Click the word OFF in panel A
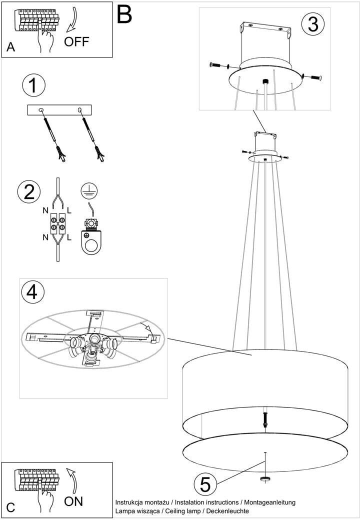(76, 42)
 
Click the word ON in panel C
(73, 501)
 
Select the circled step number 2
(29, 191)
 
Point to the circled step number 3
(313, 24)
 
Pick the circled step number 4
(32, 292)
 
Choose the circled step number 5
(205, 484)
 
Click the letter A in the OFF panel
(10, 47)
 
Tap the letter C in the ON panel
(10, 507)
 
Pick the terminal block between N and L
(58, 223)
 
